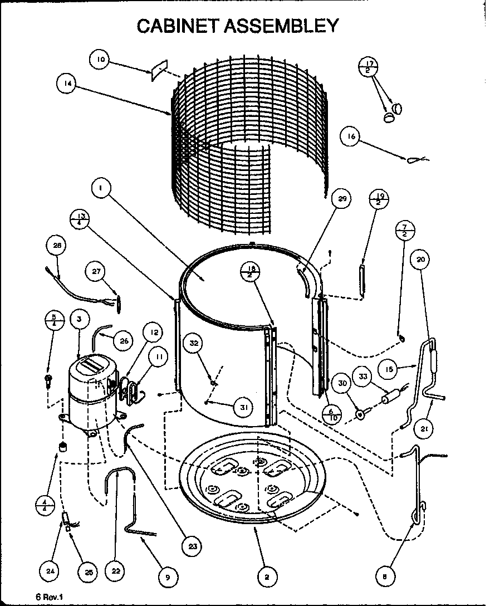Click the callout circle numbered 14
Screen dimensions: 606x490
67,84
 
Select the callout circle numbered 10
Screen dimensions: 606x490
100,60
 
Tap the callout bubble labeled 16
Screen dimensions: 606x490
351,137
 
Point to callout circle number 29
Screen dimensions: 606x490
342,199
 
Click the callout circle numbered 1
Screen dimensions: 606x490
100,189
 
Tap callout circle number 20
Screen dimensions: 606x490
422,259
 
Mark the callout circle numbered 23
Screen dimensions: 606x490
193,546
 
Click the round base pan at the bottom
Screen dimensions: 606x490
251,485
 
